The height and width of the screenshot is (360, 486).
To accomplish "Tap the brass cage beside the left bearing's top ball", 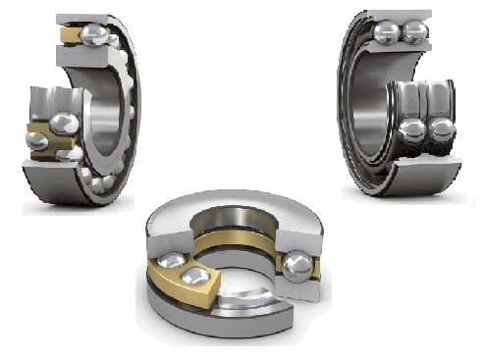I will click(x=70, y=36).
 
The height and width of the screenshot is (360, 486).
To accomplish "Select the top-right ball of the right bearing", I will click(x=416, y=32).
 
